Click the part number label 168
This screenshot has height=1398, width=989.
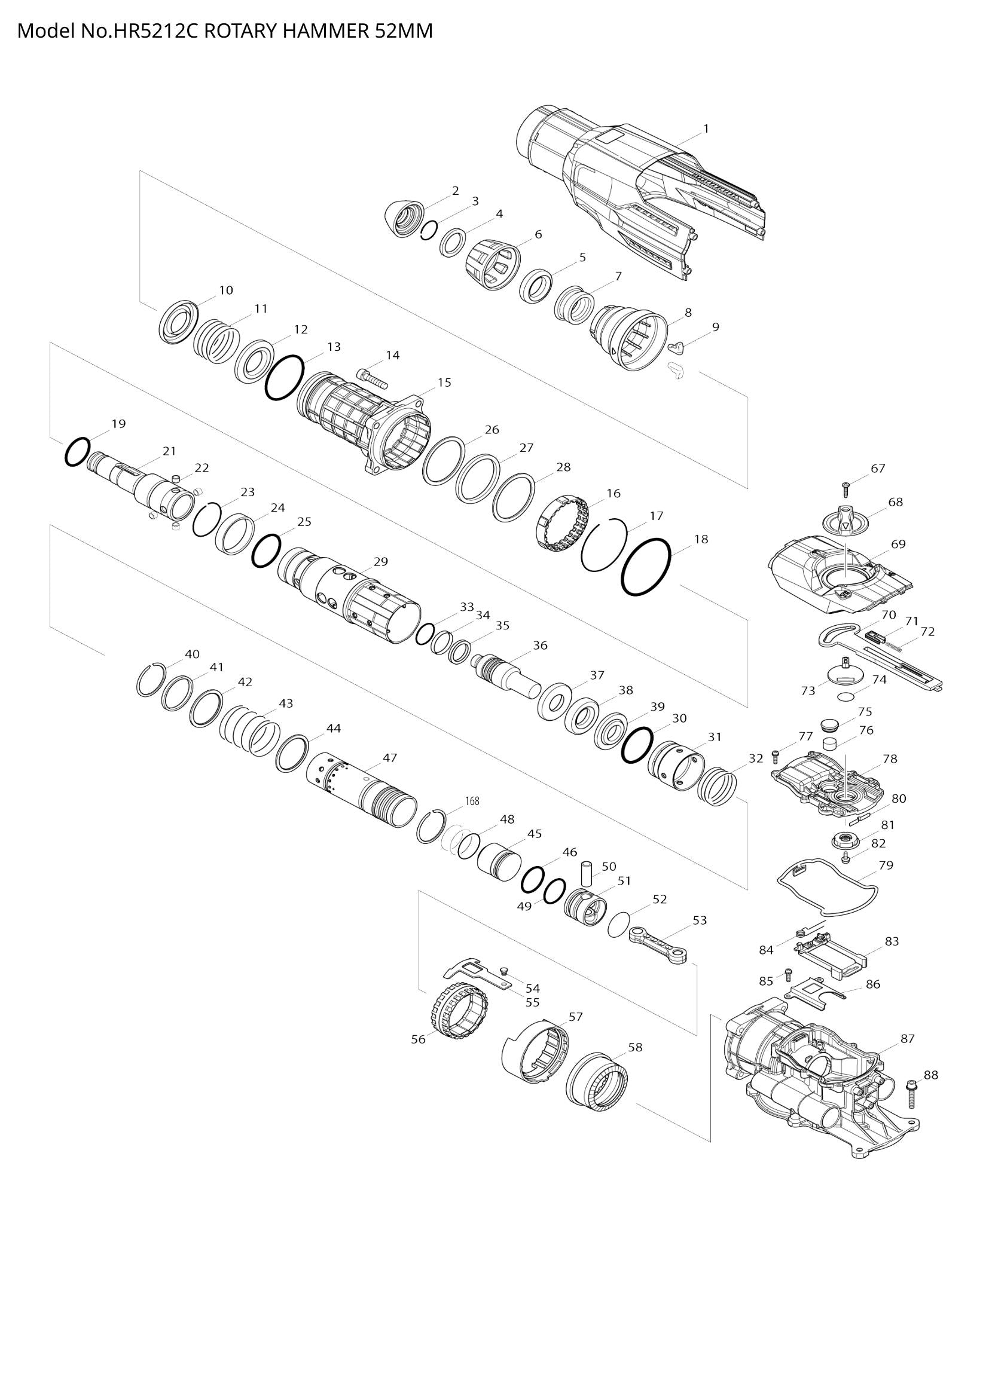(x=472, y=802)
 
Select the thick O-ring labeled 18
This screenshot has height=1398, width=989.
(x=646, y=567)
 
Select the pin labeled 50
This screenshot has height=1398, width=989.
(x=587, y=874)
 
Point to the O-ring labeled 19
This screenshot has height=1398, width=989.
(x=77, y=452)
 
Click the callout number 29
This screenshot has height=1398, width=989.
(x=381, y=561)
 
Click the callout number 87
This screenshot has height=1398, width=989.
(x=908, y=1038)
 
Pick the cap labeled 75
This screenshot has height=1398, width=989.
(x=829, y=724)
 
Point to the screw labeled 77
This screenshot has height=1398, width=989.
(x=776, y=755)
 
